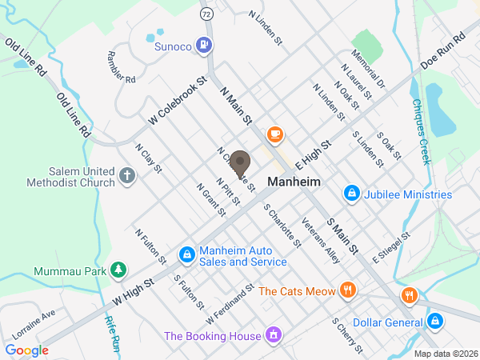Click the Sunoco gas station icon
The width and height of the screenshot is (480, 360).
click(x=206, y=45)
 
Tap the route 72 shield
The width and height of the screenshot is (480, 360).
click(x=206, y=14)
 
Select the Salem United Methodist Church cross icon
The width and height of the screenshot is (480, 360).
click(x=126, y=176)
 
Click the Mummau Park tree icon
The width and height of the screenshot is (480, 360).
click(x=118, y=269)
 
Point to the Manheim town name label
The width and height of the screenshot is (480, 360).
click(x=294, y=182)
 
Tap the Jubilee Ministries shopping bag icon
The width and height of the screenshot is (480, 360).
click(x=350, y=194)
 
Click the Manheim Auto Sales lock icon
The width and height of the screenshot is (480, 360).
click(x=186, y=254)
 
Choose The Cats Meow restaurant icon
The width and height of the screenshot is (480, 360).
click(x=347, y=290)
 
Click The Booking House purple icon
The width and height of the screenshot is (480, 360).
click(x=274, y=334)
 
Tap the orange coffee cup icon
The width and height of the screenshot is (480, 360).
click(x=275, y=134)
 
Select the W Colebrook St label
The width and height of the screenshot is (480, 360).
click(x=178, y=101)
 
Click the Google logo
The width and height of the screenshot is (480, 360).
click(x=26, y=350)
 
